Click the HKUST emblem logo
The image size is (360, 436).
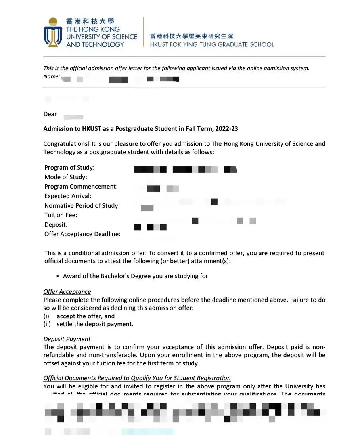tap(53, 32)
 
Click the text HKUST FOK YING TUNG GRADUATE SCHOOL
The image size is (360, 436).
tap(212, 44)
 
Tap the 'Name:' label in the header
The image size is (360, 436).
tap(52, 76)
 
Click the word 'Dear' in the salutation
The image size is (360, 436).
tap(50, 114)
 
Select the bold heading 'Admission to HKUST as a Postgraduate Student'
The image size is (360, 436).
tap(140, 129)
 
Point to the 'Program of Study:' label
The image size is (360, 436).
tap(69, 168)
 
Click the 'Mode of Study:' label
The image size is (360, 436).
tap(66, 177)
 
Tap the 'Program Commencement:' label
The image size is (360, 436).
tap(81, 187)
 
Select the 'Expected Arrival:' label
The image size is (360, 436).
tap(68, 196)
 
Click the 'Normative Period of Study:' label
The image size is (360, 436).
tap(82, 206)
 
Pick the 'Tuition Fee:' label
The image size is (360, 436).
tap(61, 215)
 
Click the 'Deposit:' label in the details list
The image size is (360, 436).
tap(56, 225)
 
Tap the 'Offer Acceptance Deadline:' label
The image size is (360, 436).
tap(82, 234)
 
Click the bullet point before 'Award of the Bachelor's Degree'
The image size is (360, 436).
tap(58, 276)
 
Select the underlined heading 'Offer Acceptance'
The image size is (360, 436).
tap(67, 292)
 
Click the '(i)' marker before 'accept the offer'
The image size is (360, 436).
tap(46, 316)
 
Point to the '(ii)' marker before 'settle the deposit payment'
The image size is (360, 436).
tap(47, 324)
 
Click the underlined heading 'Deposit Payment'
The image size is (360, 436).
tap(67, 339)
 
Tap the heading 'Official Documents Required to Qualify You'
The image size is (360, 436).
tap(137, 378)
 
